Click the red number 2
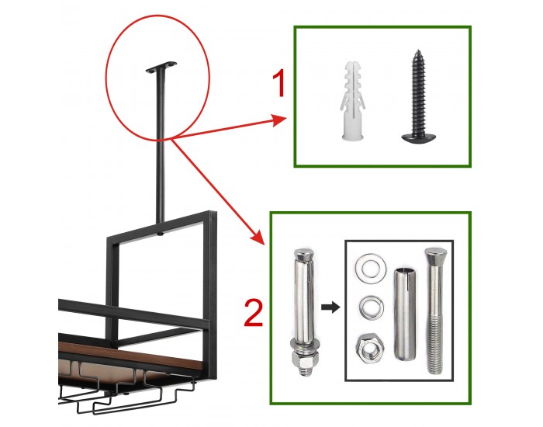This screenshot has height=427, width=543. (x=253, y=314)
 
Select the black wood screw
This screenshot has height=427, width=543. (x=417, y=96)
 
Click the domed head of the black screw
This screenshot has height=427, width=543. (x=418, y=136)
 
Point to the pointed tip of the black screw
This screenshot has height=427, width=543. (x=417, y=50)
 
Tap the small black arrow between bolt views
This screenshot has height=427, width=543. (x=330, y=307)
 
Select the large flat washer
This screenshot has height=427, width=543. (x=371, y=266)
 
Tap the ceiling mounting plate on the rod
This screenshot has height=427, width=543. (x=161, y=67)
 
